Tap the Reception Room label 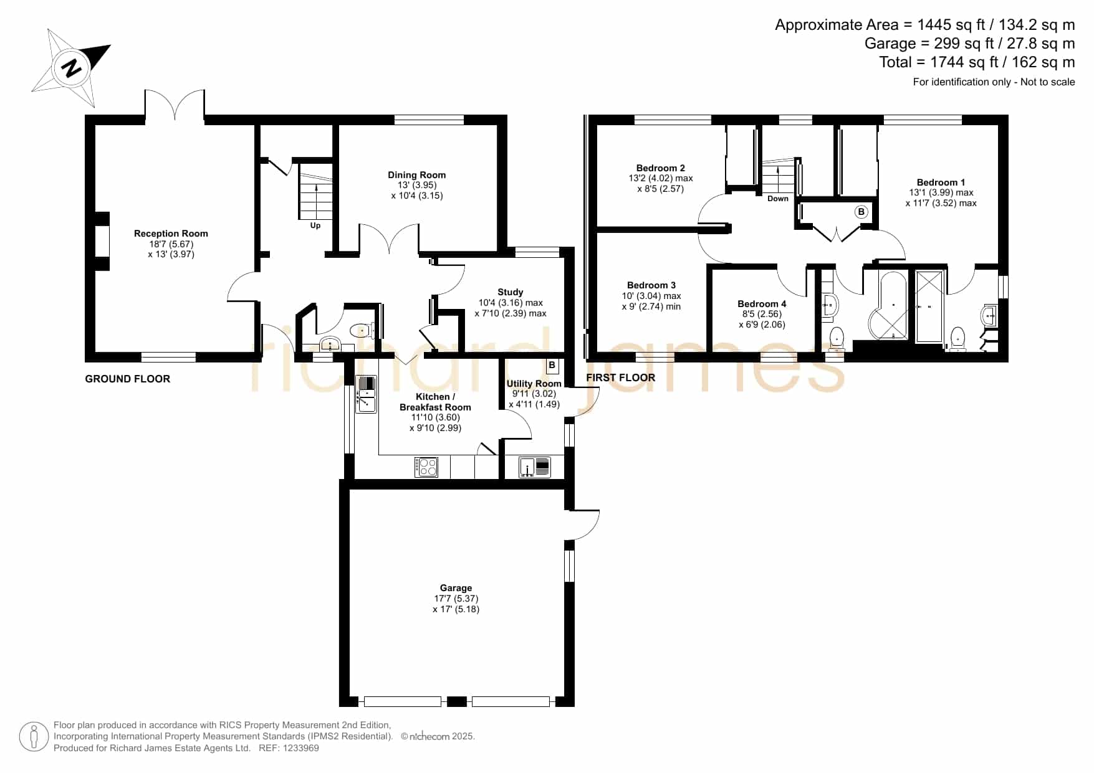pyautogui.click(x=171, y=234)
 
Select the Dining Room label pyautogui.click(x=416, y=175)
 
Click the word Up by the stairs pyautogui.click(x=315, y=225)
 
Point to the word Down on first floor pyautogui.click(x=778, y=199)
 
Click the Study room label pyautogui.click(x=511, y=292)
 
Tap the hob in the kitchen pyautogui.click(x=426, y=467)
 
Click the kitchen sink pyautogui.click(x=366, y=394)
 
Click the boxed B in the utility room pyautogui.click(x=552, y=366)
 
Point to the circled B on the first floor pyautogui.click(x=861, y=212)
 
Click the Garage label pyautogui.click(x=456, y=588)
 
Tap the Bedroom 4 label pyautogui.click(x=762, y=304)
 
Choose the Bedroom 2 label pyautogui.click(x=661, y=168)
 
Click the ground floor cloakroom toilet pyautogui.click(x=362, y=330)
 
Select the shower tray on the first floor pyautogui.click(x=929, y=306)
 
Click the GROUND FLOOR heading pyautogui.click(x=128, y=379)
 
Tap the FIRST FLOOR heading pyautogui.click(x=621, y=377)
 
